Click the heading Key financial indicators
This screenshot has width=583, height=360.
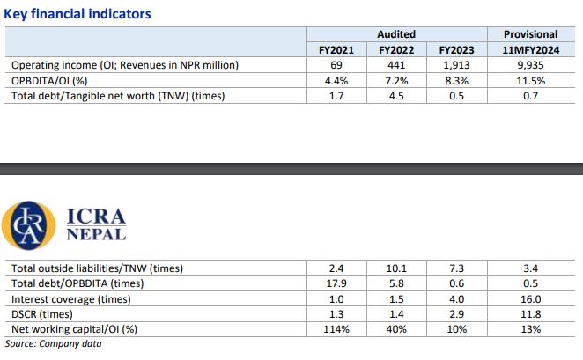[77, 13]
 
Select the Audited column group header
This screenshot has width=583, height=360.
[396, 34]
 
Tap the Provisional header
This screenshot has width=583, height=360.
[530, 34]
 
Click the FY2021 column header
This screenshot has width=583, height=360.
[336, 50]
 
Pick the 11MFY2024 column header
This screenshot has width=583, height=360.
[530, 50]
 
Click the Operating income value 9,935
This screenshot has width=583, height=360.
[530, 65]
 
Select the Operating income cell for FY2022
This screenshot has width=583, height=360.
[396, 65]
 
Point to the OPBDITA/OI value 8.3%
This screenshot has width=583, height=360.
[455, 80]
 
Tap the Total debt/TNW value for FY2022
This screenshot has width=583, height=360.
[396, 95]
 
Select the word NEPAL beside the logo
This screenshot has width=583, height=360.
[96, 235]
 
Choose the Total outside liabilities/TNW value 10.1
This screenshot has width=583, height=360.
[396, 268]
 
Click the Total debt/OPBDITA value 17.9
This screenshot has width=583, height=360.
[336, 283]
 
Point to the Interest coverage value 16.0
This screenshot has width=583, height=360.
[530, 298]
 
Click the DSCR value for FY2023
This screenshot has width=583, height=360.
[455, 313]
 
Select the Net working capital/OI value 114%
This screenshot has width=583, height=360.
[336, 328]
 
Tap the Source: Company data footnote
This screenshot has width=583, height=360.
[53, 343]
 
